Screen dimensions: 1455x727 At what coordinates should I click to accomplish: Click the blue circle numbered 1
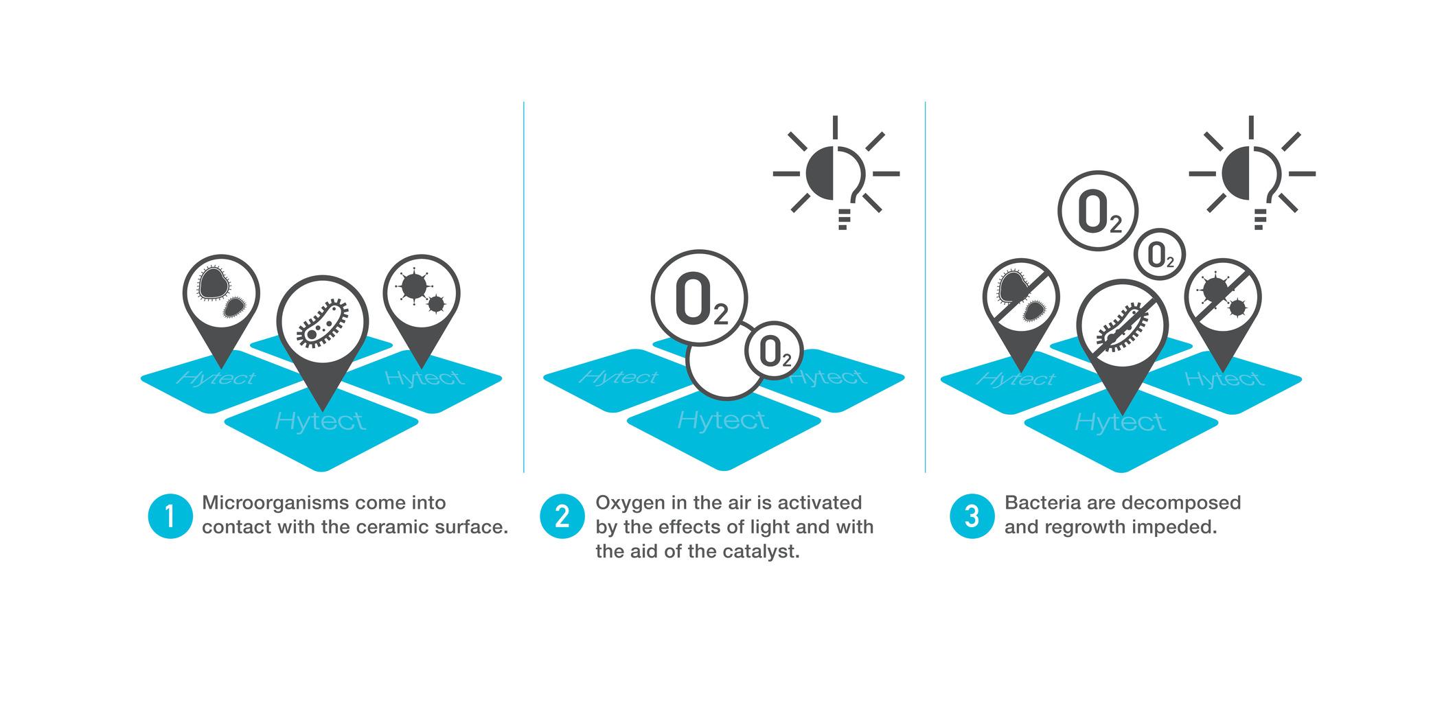click(170, 516)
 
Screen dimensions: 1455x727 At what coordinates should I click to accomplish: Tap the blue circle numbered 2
click(562, 516)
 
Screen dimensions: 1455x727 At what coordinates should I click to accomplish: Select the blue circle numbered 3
click(972, 516)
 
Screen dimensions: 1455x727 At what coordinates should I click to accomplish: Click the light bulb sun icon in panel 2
click(836, 173)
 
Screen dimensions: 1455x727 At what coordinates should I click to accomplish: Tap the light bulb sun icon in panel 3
click(1251, 173)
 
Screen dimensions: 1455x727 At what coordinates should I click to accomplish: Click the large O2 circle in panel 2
click(699, 299)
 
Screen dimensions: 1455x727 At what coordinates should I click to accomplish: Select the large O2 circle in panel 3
click(1098, 211)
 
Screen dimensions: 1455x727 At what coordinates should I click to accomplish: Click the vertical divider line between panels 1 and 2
click(524, 287)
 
